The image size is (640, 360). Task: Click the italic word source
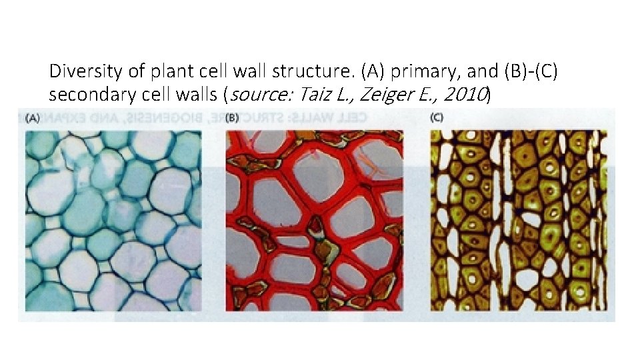(x=261, y=95)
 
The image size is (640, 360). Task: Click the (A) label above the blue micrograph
(x=32, y=119)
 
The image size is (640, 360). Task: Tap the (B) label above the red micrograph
(x=233, y=119)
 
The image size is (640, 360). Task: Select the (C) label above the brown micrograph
(x=437, y=119)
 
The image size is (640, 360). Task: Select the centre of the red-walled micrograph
(x=315, y=220)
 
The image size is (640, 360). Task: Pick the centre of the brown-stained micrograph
(x=519, y=220)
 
